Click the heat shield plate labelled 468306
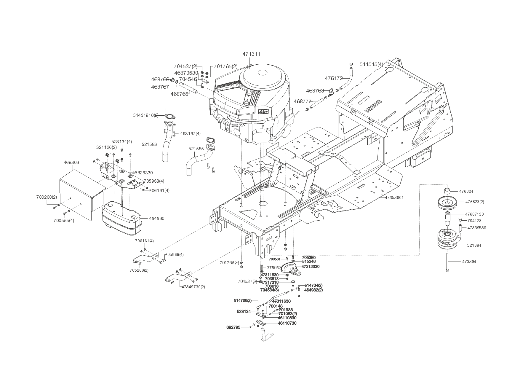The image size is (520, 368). point(81,190)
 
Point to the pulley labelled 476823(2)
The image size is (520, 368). point(447,203)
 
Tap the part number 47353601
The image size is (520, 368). point(394,197)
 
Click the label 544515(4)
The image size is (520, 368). point(371,64)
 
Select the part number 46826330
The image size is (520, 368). point(143,173)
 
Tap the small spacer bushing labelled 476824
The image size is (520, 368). point(447,190)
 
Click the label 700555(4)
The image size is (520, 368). point(64,220)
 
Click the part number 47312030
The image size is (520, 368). point(311,267)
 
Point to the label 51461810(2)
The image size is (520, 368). point(146,115)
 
